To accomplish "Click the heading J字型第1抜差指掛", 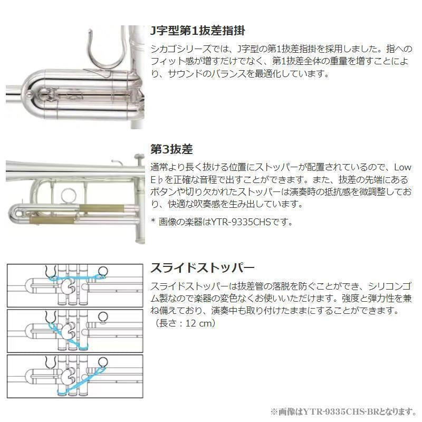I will tap(197, 30).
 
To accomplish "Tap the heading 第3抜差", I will tap(171, 149).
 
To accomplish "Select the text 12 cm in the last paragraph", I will tap(197, 323).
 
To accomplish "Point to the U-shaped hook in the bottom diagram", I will tap(52, 363).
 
